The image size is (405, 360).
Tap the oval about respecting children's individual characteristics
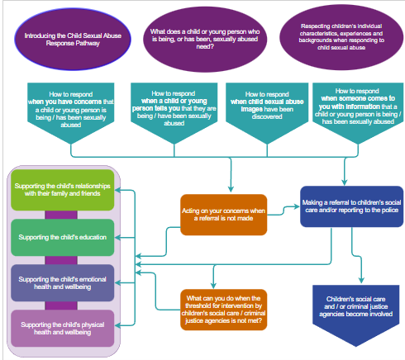[339, 36]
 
